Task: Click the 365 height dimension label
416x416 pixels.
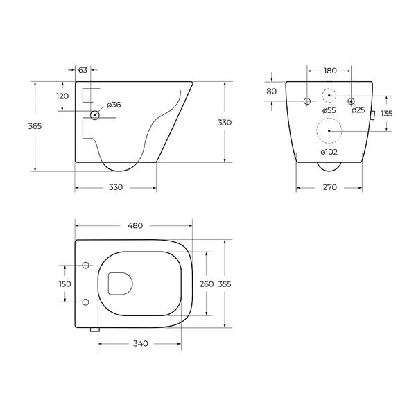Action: pos(35,126)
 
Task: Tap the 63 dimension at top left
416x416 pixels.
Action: pos(83,70)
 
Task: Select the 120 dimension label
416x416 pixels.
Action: pos(62,96)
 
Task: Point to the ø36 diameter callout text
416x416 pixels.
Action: pos(114,105)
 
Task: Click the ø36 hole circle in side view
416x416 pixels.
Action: pos(95,115)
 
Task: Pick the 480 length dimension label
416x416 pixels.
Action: pos(135,226)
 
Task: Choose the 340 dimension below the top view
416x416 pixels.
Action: pos(140,344)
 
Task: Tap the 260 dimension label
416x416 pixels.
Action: pos(207,284)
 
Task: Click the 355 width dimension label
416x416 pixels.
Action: pos(225,284)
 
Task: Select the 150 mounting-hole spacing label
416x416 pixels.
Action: pos(64,284)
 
